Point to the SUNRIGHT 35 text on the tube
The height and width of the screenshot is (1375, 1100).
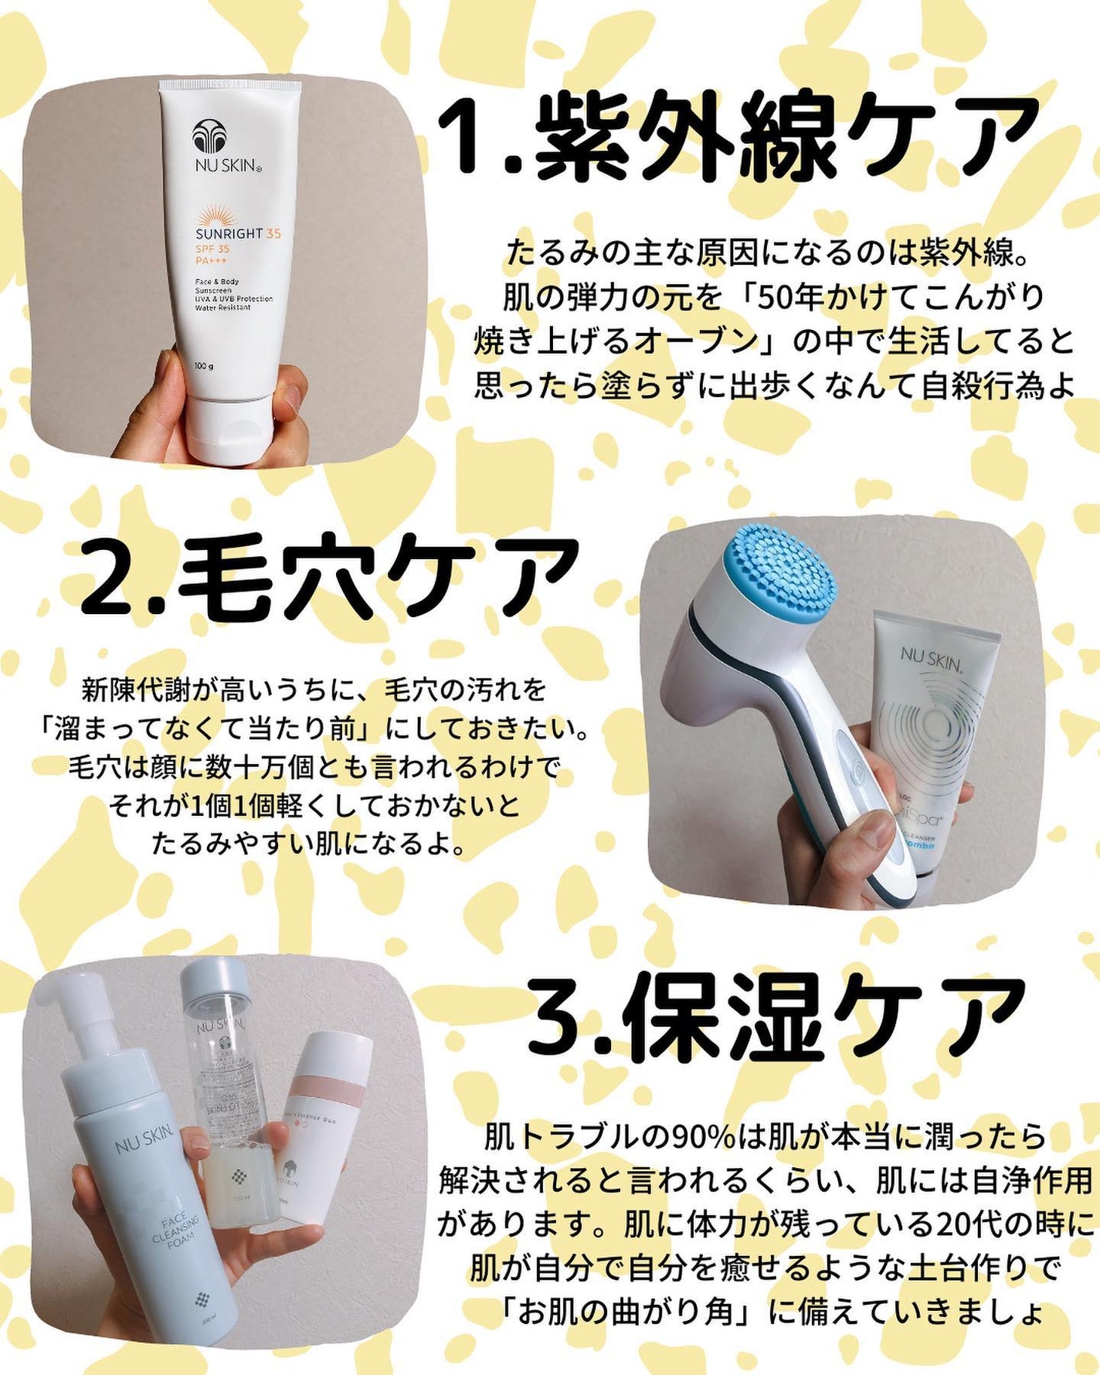237,234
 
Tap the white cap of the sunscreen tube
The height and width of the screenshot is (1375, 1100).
232,428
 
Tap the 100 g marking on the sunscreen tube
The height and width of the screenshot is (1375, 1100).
204,365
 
